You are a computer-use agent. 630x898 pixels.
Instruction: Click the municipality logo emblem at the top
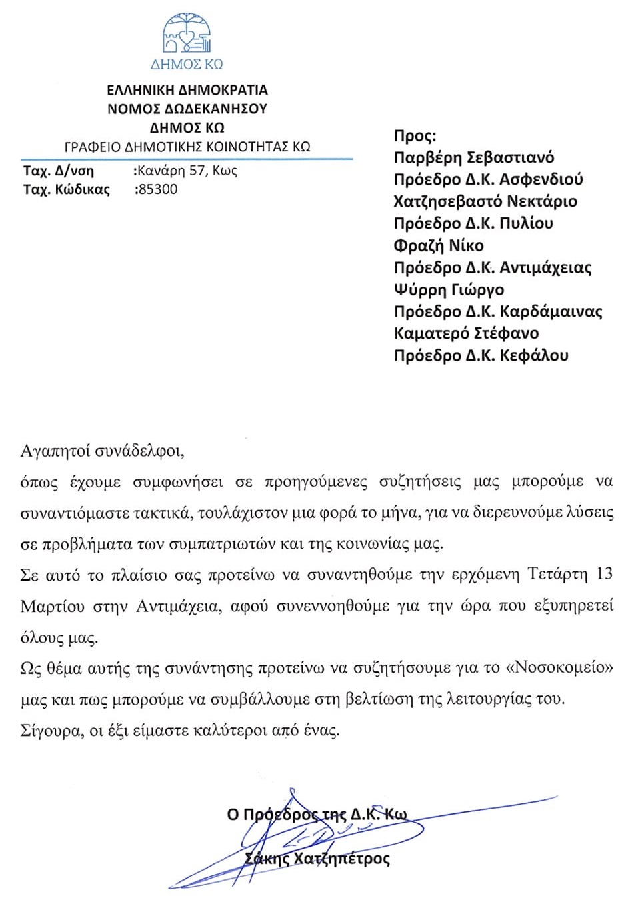tap(187, 33)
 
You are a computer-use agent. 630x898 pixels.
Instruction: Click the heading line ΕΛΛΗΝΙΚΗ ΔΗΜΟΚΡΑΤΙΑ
tap(187, 90)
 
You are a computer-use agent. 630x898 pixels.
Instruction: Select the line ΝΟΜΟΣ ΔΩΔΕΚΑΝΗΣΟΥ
tap(187, 109)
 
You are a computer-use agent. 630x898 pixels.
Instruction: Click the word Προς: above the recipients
tap(415, 136)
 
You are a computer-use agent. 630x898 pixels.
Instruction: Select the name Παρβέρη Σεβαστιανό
tap(474, 158)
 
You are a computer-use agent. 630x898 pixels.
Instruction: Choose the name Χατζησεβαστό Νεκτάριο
tap(485, 201)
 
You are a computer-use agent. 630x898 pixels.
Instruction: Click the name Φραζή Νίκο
tap(439, 245)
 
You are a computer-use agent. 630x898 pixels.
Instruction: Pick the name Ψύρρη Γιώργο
tap(449, 289)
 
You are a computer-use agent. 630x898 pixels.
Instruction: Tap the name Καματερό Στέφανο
tap(466, 333)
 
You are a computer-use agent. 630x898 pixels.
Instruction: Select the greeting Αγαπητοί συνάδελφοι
tap(102, 451)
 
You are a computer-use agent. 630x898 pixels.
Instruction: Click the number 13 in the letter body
tap(604, 574)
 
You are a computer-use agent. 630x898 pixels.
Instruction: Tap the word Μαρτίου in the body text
tap(53, 607)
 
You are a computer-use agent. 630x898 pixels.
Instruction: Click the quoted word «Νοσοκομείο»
tap(567, 668)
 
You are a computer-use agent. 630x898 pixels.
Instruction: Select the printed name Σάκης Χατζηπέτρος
tap(317, 858)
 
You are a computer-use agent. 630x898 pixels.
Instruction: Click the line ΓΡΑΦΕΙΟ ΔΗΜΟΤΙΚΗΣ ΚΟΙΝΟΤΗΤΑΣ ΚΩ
tap(187, 147)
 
